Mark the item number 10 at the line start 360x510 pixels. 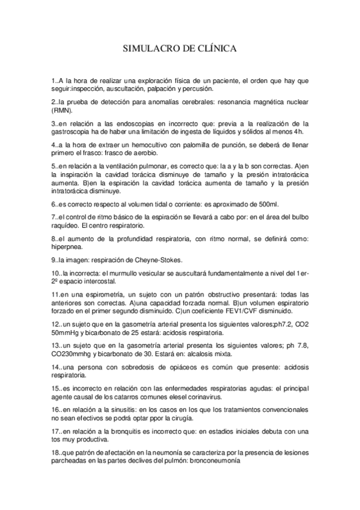point(56,274)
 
